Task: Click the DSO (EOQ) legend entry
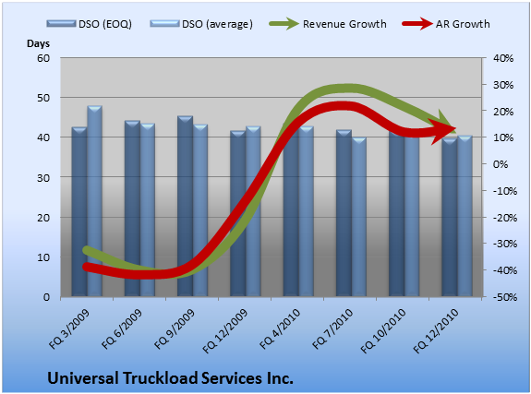(89, 24)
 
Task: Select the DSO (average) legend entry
(201, 24)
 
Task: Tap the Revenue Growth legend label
(344, 24)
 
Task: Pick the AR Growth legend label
(463, 24)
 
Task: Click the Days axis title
(38, 43)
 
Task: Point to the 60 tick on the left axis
(43, 58)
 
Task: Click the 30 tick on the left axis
(43, 177)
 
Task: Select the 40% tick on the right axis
(503, 58)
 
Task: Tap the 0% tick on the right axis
(501, 164)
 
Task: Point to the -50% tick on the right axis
(504, 297)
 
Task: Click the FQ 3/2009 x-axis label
(69, 329)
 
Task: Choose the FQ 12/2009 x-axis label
(225, 331)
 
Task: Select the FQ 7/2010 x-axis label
(332, 329)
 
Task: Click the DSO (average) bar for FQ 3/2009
(95, 201)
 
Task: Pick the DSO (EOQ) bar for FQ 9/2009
(185, 206)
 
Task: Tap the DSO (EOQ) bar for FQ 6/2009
(132, 209)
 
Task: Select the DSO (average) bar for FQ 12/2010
(465, 216)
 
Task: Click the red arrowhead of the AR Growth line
(446, 129)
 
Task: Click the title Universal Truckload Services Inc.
(170, 377)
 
